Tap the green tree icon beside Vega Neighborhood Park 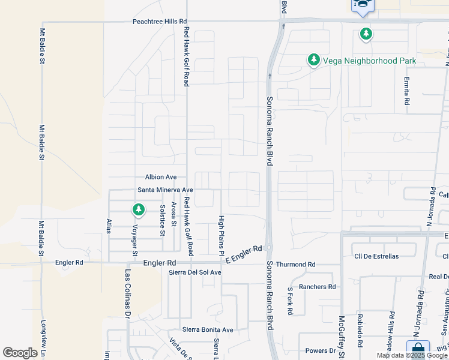[x=313, y=59]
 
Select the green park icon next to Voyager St [x=139, y=209]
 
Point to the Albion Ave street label [x=161, y=177]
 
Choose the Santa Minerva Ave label [x=166, y=190]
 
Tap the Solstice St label [x=162, y=220]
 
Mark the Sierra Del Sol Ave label [x=195, y=272]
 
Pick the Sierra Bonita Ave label [x=208, y=330]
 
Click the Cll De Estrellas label [x=376, y=256]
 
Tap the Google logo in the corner [x=20, y=353]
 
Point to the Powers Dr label [x=320, y=350]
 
